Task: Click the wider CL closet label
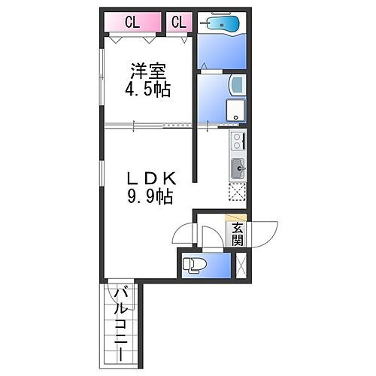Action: [132, 22]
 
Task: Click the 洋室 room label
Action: [148, 72]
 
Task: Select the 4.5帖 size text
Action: [148, 90]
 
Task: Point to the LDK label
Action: [150, 179]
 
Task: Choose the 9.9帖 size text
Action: [150, 197]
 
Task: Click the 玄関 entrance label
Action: [237, 234]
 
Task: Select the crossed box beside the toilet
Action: [241, 265]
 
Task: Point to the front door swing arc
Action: [265, 234]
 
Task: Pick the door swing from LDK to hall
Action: [183, 235]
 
